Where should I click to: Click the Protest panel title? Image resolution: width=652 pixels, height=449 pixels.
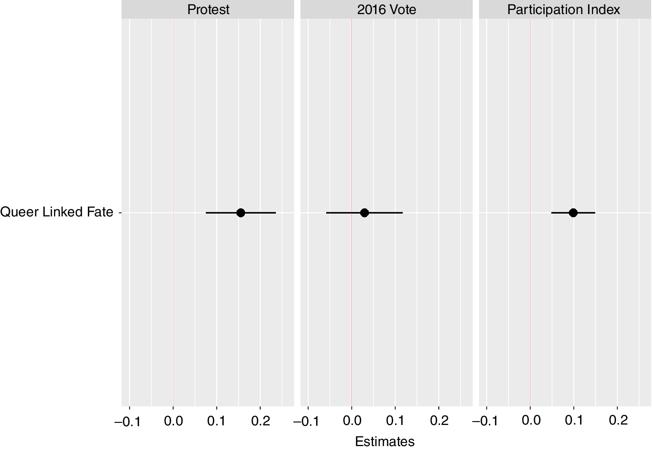point(208,10)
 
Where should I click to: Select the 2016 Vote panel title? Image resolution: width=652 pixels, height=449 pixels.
point(386,10)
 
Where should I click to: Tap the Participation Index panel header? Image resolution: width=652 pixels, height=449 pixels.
point(563,10)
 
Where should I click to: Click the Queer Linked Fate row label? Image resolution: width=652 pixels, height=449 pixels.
point(57,212)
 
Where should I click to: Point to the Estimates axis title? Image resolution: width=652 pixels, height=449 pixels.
point(385,442)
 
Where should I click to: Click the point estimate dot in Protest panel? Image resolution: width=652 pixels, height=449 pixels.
point(240,213)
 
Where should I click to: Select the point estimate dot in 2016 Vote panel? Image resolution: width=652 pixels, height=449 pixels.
point(364,213)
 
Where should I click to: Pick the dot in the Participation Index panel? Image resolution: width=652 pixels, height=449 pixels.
point(573,213)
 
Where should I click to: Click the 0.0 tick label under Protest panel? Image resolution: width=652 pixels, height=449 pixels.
point(173,421)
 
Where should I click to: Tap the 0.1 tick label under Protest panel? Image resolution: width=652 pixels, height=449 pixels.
point(217,421)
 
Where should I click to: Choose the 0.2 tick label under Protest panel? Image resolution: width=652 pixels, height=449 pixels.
point(261,421)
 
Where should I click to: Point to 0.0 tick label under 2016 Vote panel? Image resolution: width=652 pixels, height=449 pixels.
point(352,421)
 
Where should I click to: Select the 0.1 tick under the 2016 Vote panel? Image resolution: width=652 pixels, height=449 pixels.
point(395,421)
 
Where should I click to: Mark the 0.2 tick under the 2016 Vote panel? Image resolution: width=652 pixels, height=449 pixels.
point(439,421)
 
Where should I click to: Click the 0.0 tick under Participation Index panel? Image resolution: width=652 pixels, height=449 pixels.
point(530,421)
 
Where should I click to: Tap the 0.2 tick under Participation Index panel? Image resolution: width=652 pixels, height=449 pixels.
point(618,421)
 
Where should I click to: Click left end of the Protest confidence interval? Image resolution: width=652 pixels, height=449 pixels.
point(206,213)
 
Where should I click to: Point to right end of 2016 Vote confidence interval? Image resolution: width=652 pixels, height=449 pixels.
point(402,213)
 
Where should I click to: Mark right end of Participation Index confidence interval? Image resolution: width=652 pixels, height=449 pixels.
point(595,213)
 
